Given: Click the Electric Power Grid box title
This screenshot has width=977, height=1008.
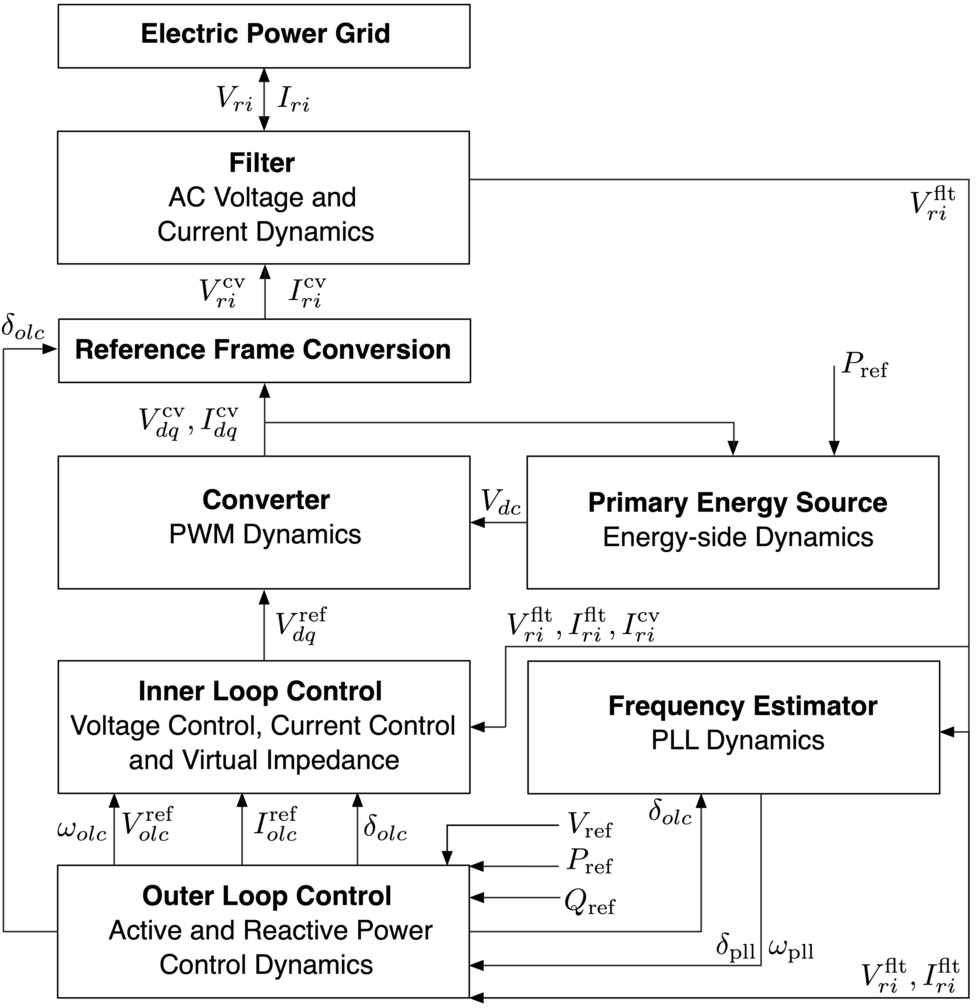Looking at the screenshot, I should tap(265, 34).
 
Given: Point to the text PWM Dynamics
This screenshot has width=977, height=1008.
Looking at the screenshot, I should tap(265, 534).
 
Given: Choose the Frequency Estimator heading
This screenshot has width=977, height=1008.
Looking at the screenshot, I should tap(742, 706).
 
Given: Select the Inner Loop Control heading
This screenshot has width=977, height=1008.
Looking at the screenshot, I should tap(260, 691).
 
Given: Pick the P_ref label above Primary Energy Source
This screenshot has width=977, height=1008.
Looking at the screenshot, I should tap(864, 366).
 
